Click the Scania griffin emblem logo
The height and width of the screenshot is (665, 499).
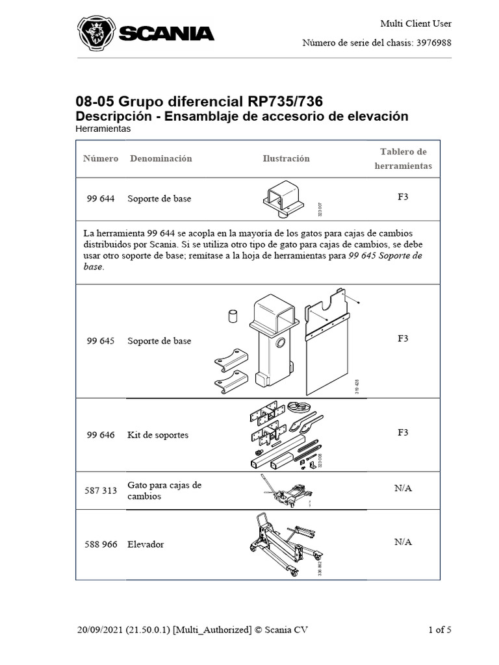tap(96, 33)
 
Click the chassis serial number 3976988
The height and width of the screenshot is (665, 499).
tap(433, 43)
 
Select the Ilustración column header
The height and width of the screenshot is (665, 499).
tap(286, 158)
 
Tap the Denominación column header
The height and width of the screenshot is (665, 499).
tap(161, 158)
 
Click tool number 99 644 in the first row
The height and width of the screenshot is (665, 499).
tap(101, 199)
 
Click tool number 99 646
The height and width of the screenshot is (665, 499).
tap(101, 434)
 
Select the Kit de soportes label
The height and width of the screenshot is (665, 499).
tap(158, 434)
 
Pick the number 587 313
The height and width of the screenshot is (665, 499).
tap(101, 490)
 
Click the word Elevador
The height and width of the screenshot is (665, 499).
tap(146, 544)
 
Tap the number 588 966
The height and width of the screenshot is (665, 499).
tap(101, 544)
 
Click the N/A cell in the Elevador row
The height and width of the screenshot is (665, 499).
tap(403, 542)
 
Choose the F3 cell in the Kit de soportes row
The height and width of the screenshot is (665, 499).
tap(403, 433)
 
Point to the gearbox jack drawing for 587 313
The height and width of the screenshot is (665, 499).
tap(287, 491)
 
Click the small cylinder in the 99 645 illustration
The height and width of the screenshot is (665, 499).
tap(233, 316)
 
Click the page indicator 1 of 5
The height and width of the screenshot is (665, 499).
tap(440, 630)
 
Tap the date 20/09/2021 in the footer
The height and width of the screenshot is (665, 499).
tap(100, 630)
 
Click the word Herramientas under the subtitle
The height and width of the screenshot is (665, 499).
tap(103, 129)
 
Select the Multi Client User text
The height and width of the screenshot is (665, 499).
tap(416, 24)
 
